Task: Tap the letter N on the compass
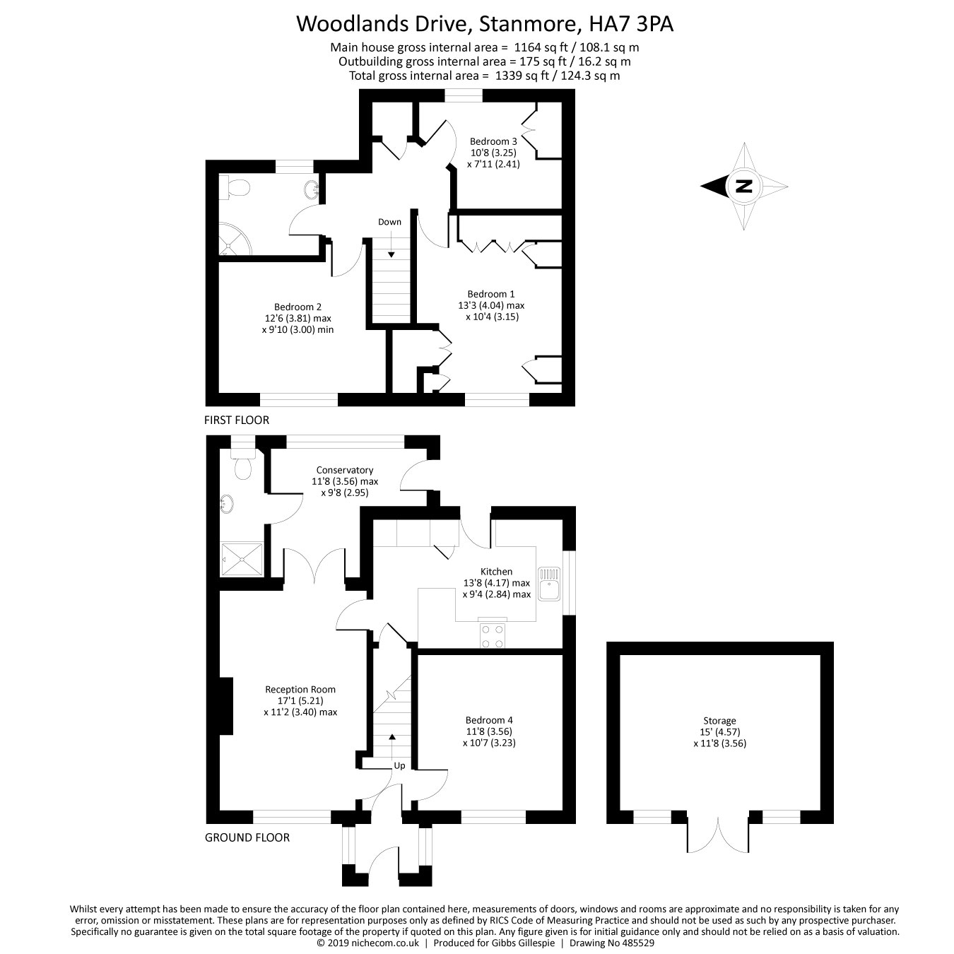tap(743, 187)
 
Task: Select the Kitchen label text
tap(496, 571)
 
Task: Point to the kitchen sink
tap(548, 584)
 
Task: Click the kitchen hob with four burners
tap(493, 635)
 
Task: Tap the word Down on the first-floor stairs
tap(389, 222)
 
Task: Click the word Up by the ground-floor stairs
tap(399, 765)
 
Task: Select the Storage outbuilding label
tap(719, 721)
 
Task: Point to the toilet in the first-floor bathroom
tap(236, 188)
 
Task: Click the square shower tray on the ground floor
tap(241, 560)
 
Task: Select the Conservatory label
tap(344, 470)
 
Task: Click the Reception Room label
tap(300, 689)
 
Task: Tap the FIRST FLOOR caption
tap(236, 420)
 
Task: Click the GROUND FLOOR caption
tap(247, 837)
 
